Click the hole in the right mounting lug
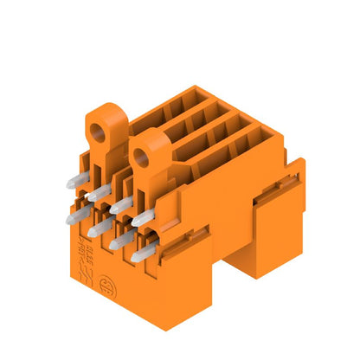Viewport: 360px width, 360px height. pyautogui.click(x=142, y=157)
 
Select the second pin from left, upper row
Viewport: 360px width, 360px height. pyautogui.click(x=98, y=191)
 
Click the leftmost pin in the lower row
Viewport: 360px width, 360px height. pyautogui.click(x=75, y=215)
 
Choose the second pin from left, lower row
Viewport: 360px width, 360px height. pyautogui.click(x=97, y=227)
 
